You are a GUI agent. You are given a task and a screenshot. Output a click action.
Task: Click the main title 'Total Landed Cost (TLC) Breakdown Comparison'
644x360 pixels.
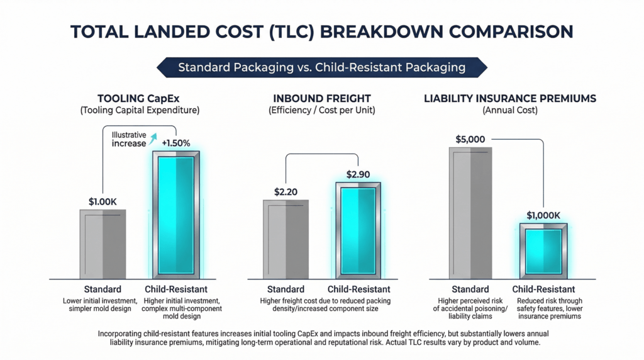coord(321,31)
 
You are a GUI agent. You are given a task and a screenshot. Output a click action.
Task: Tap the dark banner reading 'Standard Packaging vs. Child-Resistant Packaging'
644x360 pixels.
coord(321,67)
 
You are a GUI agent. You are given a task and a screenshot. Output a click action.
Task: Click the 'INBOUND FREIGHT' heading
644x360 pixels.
coord(322,99)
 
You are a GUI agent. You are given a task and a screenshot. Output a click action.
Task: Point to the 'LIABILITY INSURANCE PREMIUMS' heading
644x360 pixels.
coord(509,99)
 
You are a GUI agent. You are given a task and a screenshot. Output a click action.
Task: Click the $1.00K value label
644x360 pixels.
coord(102,202)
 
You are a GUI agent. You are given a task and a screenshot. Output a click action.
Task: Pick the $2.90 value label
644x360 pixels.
coord(358,174)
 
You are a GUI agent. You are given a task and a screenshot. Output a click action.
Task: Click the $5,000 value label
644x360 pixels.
coord(470,139)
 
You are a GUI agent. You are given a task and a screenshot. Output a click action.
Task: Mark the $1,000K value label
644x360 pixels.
coord(543,215)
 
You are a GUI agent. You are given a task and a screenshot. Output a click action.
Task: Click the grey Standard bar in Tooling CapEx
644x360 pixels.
coord(103,244)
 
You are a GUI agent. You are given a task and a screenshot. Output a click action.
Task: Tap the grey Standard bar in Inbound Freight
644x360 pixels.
coord(286,239)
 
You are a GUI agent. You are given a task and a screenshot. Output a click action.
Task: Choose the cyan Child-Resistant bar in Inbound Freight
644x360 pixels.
coord(357,230)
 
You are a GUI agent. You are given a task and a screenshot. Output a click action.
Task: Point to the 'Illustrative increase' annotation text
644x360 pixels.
coord(128,139)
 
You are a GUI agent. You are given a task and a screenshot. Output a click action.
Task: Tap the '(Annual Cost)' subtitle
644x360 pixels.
coord(509,110)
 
